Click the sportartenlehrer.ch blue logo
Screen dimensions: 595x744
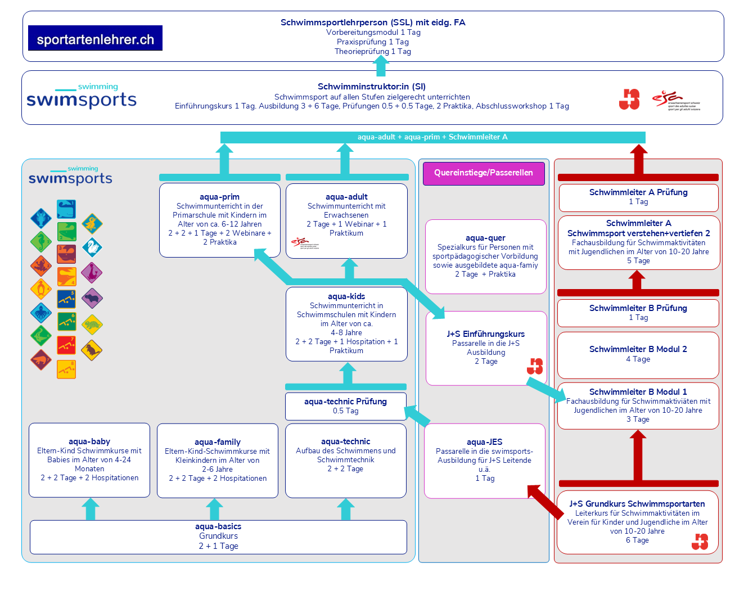click(x=95, y=38)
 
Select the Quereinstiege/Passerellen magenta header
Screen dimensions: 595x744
click(x=484, y=173)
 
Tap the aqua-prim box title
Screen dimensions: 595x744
click(x=219, y=197)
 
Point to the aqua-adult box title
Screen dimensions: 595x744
click(x=346, y=197)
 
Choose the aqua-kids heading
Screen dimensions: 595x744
click(x=346, y=296)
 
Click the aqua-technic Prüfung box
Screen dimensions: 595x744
click(x=345, y=406)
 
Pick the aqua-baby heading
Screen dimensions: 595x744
click(x=89, y=441)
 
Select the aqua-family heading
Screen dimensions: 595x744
click(x=218, y=442)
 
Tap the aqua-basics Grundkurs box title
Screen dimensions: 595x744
click(x=218, y=526)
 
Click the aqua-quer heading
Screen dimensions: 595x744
click(x=485, y=238)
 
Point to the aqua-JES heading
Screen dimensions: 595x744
click(x=485, y=442)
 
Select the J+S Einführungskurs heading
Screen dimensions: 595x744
click(x=486, y=334)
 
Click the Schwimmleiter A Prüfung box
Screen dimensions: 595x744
click(x=638, y=197)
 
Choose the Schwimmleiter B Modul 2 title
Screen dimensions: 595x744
click(x=638, y=349)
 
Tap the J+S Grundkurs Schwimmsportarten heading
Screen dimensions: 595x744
click(x=637, y=504)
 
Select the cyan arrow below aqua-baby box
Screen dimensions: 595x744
click(x=90, y=509)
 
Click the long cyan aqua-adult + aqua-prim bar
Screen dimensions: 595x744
click(x=432, y=137)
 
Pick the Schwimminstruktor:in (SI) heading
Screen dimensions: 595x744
click(x=372, y=87)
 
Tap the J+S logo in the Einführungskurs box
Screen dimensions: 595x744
click(x=535, y=366)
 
